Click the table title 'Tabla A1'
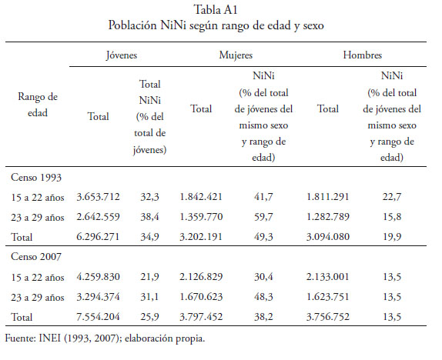(216, 10)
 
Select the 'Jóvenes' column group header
(122, 55)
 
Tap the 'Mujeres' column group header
(236, 55)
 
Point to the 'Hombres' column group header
(363, 55)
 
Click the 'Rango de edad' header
(38, 105)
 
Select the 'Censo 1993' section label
(36, 178)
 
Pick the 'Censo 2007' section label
(36, 257)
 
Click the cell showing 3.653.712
(98, 197)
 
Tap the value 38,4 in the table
(149, 217)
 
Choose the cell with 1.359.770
(201, 217)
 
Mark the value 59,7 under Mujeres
(263, 217)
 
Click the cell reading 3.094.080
(328, 237)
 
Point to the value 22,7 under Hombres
(392, 197)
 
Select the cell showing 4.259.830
(98, 277)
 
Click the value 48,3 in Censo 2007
(263, 297)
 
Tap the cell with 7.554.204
(98, 317)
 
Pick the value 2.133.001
(328, 277)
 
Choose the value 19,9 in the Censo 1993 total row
(392, 237)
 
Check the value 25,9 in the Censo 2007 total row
(149, 317)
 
